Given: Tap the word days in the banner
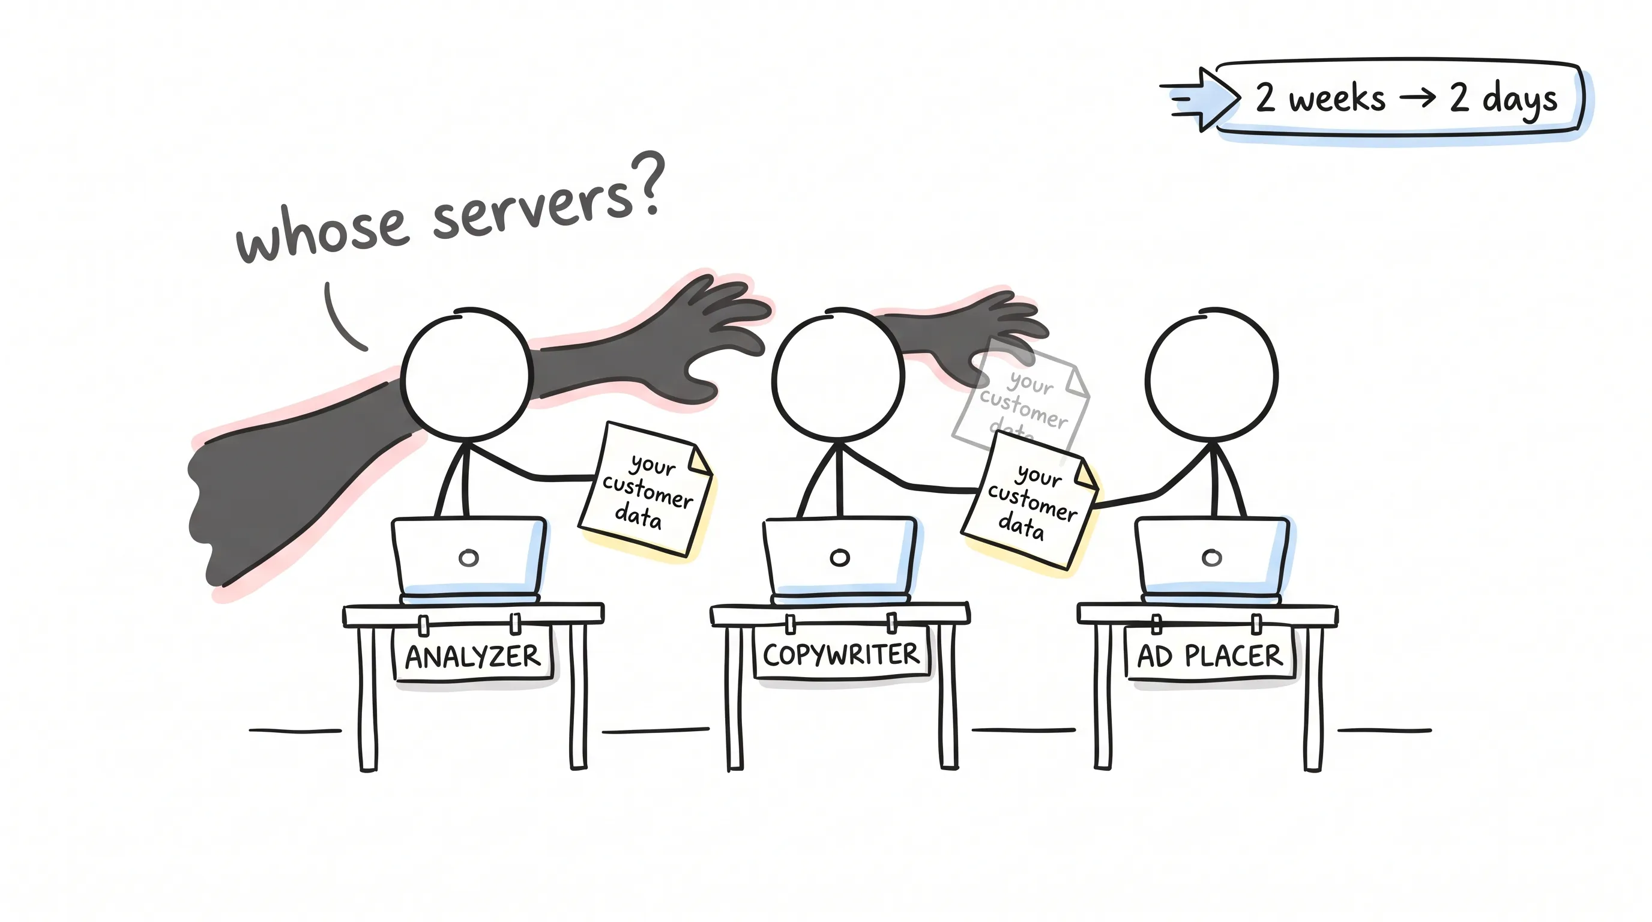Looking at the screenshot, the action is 1519,100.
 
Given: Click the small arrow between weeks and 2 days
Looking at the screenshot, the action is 1417,97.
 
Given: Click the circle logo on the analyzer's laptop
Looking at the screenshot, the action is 469,558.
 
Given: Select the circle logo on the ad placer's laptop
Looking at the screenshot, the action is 1211,558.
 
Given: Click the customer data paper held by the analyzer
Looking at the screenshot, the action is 645,489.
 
